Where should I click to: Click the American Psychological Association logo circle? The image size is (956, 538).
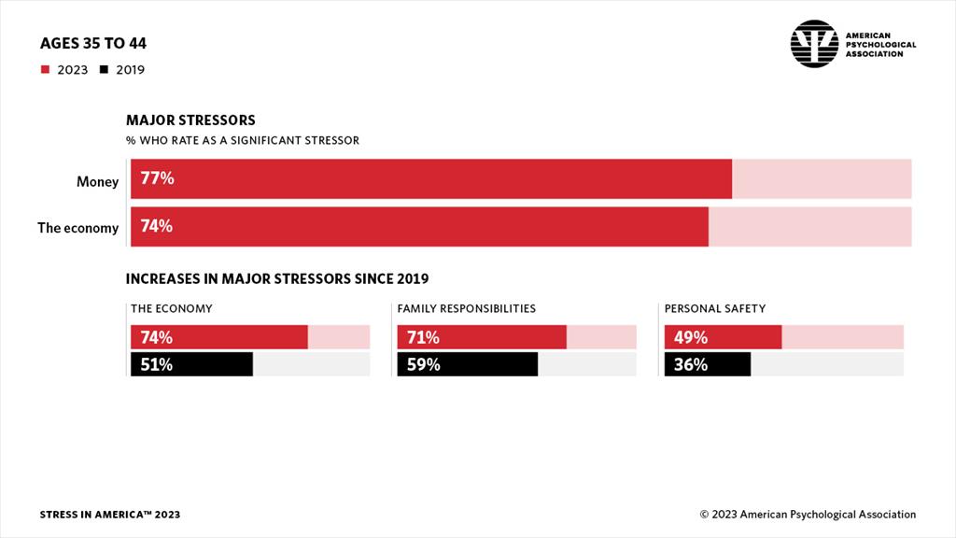tap(814, 44)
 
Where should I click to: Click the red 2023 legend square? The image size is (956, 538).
tap(45, 69)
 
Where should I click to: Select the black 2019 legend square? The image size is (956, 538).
tap(105, 69)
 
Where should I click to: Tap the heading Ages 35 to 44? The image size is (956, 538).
tap(93, 44)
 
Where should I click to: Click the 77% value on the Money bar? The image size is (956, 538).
tap(157, 178)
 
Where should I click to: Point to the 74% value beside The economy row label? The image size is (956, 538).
tap(157, 226)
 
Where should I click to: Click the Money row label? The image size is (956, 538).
tap(97, 181)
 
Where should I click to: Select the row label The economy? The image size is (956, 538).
tap(77, 227)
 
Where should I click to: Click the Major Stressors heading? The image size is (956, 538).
tap(190, 120)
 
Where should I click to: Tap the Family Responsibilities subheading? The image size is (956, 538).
tap(466, 308)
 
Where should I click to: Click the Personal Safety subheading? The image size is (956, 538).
tap(714, 308)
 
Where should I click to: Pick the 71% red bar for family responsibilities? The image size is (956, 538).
tap(482, 337)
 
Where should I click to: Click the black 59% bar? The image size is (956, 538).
tap(468, 364)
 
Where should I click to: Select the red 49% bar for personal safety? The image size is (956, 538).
tap(723, 337)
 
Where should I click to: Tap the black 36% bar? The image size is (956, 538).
tap(707, 364)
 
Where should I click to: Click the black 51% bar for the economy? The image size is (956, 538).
tap(190, 364)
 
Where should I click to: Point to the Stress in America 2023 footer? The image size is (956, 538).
tap(110, 515)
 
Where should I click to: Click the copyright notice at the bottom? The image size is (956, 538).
tap(808, 515)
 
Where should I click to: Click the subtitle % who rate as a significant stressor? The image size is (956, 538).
tap(243, 140)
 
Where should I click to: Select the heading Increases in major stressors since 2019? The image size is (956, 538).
tap(276, 278)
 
